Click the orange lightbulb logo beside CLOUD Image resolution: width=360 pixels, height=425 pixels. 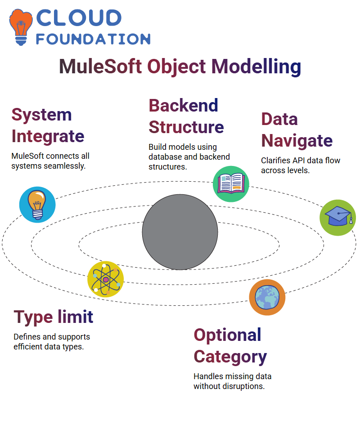pyautogui.click(x=21, y=27)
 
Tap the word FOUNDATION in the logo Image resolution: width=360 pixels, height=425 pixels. pyautogui.click(x=93, y=39)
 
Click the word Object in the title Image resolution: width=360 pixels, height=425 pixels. pyautogui.click(x=176, y=67)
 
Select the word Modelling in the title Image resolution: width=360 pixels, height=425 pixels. pyautogui.click(x=256, y=67)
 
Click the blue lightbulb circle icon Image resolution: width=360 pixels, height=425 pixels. pyautogui.click(x=37, y=205)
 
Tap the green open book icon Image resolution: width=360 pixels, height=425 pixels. pyautogui.click(x=231, y=184)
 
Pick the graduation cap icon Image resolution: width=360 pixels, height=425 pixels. pyautogui.click(x=338, y=218)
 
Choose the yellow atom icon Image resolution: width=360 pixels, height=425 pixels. pyautogui.click(x=106, y=279)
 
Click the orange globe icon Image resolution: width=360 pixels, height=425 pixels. pyautogui.click(x=267, y=297)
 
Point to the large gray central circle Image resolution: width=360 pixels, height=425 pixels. pyautogui.click(x=180, y=232)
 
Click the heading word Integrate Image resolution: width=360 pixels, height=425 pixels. pyautogui.click(x=48, y=137)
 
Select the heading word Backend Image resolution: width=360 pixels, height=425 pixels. pyautogui.click(x=184, y=105)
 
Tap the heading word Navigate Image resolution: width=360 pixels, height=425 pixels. pyautogui.click(x=297, y=141)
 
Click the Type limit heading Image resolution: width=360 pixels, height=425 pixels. pyautogui.click(x=54, y=317)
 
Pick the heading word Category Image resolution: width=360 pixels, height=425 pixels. pyautogui.click(x=230, y=357)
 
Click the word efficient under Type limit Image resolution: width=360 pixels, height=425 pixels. pyautogui.click(x=29, y=347)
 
